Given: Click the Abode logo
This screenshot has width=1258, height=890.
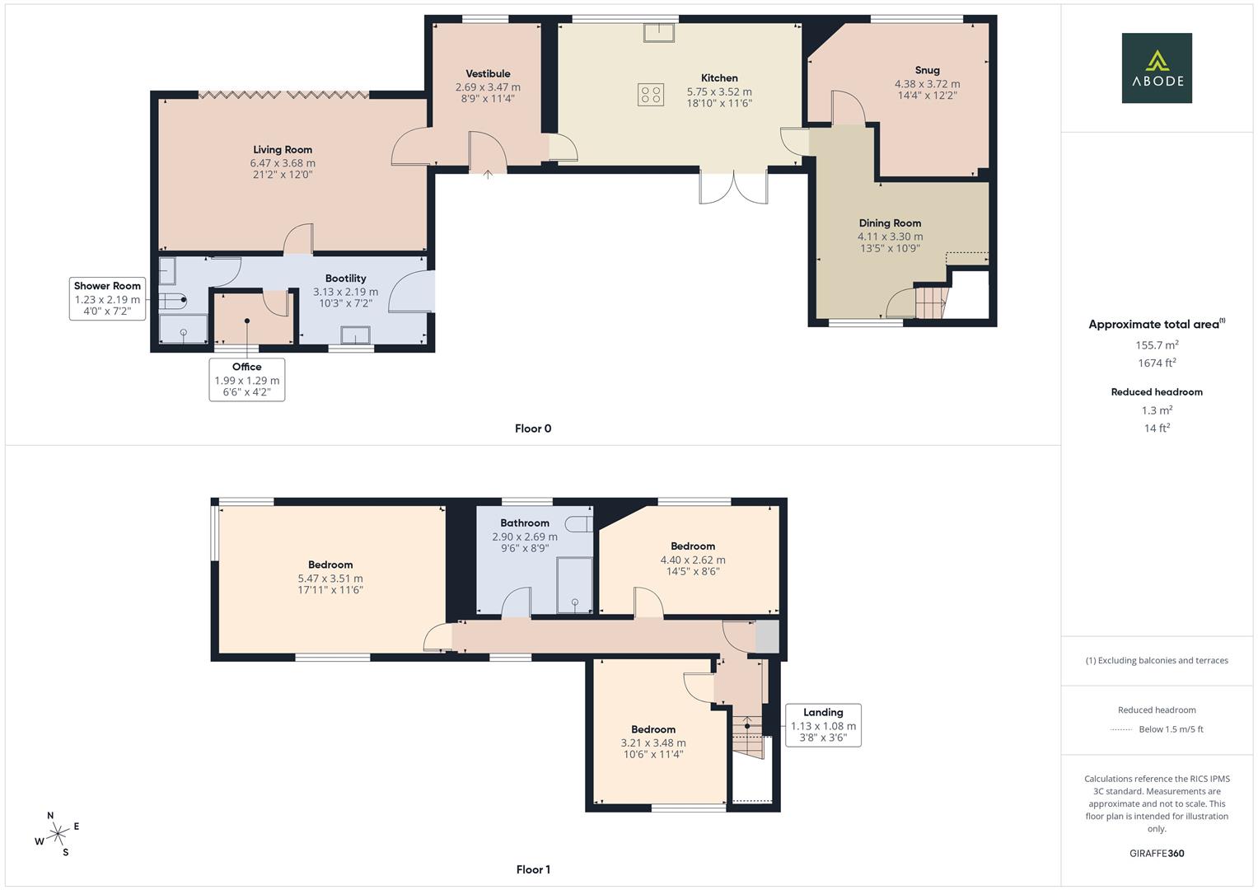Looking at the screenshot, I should pyautogui.click(x=1156, y=68).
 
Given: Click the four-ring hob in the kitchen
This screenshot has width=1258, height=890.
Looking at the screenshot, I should pyautogui.click(x=650, y=95).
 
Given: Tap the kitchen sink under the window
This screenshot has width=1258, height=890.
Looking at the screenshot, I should pyautogui.click(x=659, y=32).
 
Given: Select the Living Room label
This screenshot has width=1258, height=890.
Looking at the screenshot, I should pyautogui.click(x=283, y=150).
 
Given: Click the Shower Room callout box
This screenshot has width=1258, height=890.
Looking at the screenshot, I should pyautogui.click(x=107, y=298).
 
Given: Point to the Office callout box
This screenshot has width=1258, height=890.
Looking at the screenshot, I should pyautogui.click(x=247, y=379).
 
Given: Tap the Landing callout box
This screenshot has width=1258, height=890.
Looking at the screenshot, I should pyautogui.click(x=823, y=725).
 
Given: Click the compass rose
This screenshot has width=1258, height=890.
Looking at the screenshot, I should pyautogui.click(x=57, y=834).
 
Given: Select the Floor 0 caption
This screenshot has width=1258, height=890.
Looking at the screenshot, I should pyautogui.click(x=533, y=429).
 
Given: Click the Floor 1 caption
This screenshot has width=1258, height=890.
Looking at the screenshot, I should pyautogui.click(x=533, y=869).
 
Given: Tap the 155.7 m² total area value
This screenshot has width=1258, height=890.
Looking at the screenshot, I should pyautogui.click(x=1157, y=345).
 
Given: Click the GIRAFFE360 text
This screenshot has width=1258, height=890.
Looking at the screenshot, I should pyautogui.click(x=1157, y=854).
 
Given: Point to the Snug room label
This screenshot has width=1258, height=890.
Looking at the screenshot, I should pyautogui.click(x=927, y=70).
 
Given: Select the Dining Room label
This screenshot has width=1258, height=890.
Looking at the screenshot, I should pyautogui.click(x=890, y=223).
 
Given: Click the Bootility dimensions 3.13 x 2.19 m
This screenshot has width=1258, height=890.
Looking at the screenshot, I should pyautogui.click(x=345, y=292).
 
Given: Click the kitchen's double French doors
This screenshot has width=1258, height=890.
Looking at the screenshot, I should pyautogui.click(x=733, y=186).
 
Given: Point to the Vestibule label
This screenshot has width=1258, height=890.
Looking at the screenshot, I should pyautogui.click(x=488, y=74).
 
